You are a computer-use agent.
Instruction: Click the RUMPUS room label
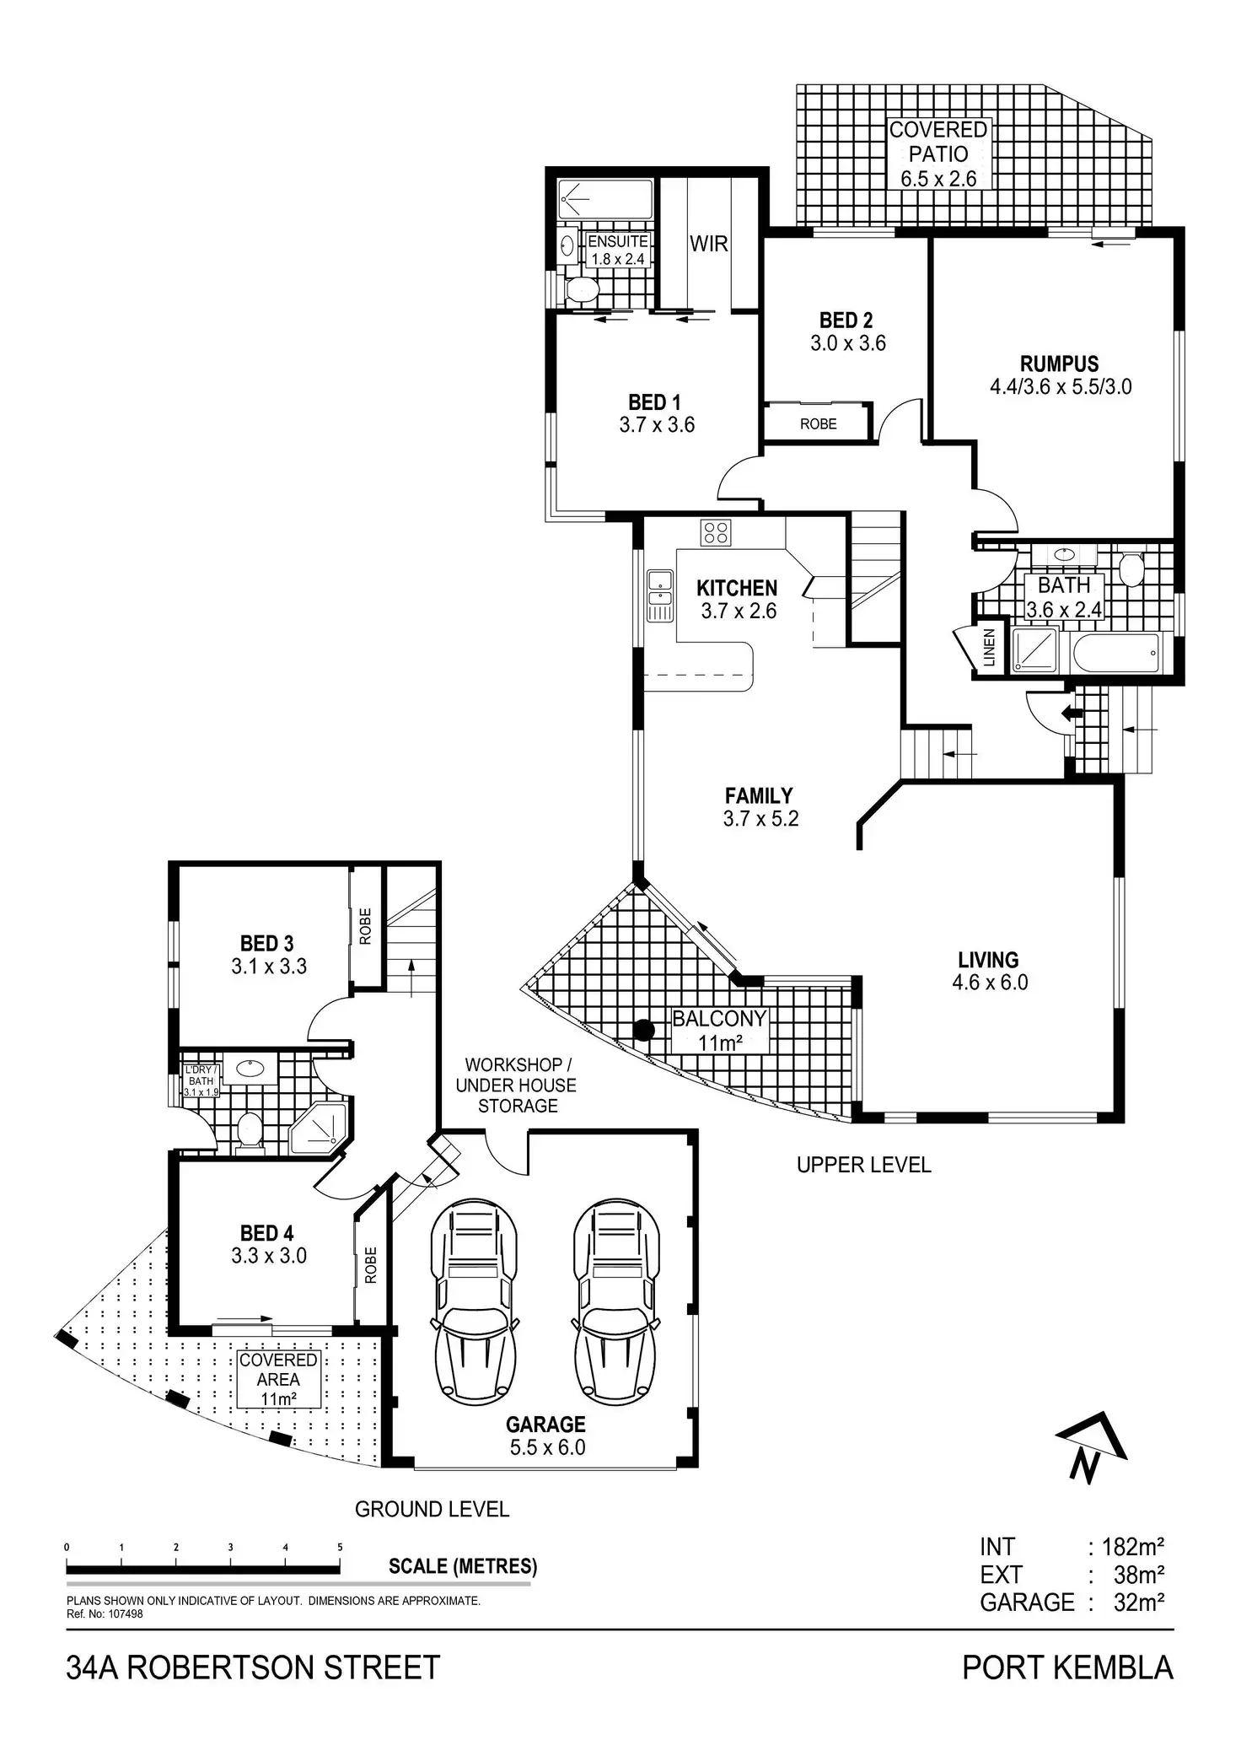(x=1059, y=364)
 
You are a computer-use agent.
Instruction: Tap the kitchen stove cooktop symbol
(x=716, y=532)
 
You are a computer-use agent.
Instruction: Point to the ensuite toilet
(x=581, y=289)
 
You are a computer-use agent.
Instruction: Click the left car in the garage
(x=473, y=1303)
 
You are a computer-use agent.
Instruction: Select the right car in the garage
(x=615, y=1303)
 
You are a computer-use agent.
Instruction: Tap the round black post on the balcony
(x=644, y=1030)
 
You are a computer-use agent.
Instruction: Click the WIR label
(x=708, y=245)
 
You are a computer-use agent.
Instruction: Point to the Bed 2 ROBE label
(x=818, y=423)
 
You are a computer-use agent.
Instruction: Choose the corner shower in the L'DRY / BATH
(x=319, y=1128)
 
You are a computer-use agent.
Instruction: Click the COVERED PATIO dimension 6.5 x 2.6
(x=937, y=179)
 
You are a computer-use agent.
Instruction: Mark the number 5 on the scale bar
(x=340, y=1548)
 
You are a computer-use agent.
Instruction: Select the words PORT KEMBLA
(x=1067, y=1667)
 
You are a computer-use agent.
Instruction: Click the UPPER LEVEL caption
(x=863, y=1166)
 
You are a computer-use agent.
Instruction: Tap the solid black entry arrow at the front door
(x=1072, y=713)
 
